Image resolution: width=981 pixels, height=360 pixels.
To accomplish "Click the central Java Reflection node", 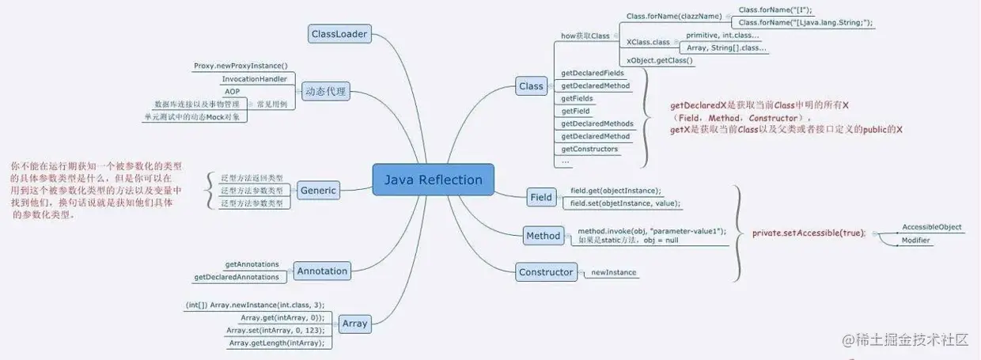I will click(x=433, y=180).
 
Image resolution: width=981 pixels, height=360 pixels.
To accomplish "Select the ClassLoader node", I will click(x=339, y=34).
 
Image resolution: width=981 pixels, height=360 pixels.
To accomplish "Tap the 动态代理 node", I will click(x=325, y=91).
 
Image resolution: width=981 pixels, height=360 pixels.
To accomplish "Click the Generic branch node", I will click(x=318, y=190).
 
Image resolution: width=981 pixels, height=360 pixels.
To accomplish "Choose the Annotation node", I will click(x=322, y=271).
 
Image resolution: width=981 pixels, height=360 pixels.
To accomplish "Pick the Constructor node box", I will click(x=546, y=272).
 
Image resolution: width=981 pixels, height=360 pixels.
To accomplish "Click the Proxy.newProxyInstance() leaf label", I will click(x=241, y=66).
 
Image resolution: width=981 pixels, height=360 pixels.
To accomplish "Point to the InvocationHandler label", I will click(x=254, y=79).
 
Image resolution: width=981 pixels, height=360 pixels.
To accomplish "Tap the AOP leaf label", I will click(x=232, y=92).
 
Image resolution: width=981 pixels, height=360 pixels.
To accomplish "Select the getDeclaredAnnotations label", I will click(x=237, y=277).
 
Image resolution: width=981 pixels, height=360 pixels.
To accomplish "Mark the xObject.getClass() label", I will click(x=659, y=60).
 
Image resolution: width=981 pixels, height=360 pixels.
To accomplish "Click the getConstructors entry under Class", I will click(x=589, y=149).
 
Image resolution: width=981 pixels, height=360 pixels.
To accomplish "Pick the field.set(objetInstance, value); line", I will click(x=625, y=203).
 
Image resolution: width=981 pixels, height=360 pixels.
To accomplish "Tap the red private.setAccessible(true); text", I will click(x=809, y=233).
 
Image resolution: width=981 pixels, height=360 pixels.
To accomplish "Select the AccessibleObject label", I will click(x=932, y=227).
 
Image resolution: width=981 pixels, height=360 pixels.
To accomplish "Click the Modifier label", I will click(x=916, y=240).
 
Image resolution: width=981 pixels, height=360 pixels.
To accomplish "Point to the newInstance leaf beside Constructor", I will click(x=613, y=273).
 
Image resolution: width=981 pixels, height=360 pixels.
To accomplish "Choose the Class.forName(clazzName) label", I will click(x=674, y=16).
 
